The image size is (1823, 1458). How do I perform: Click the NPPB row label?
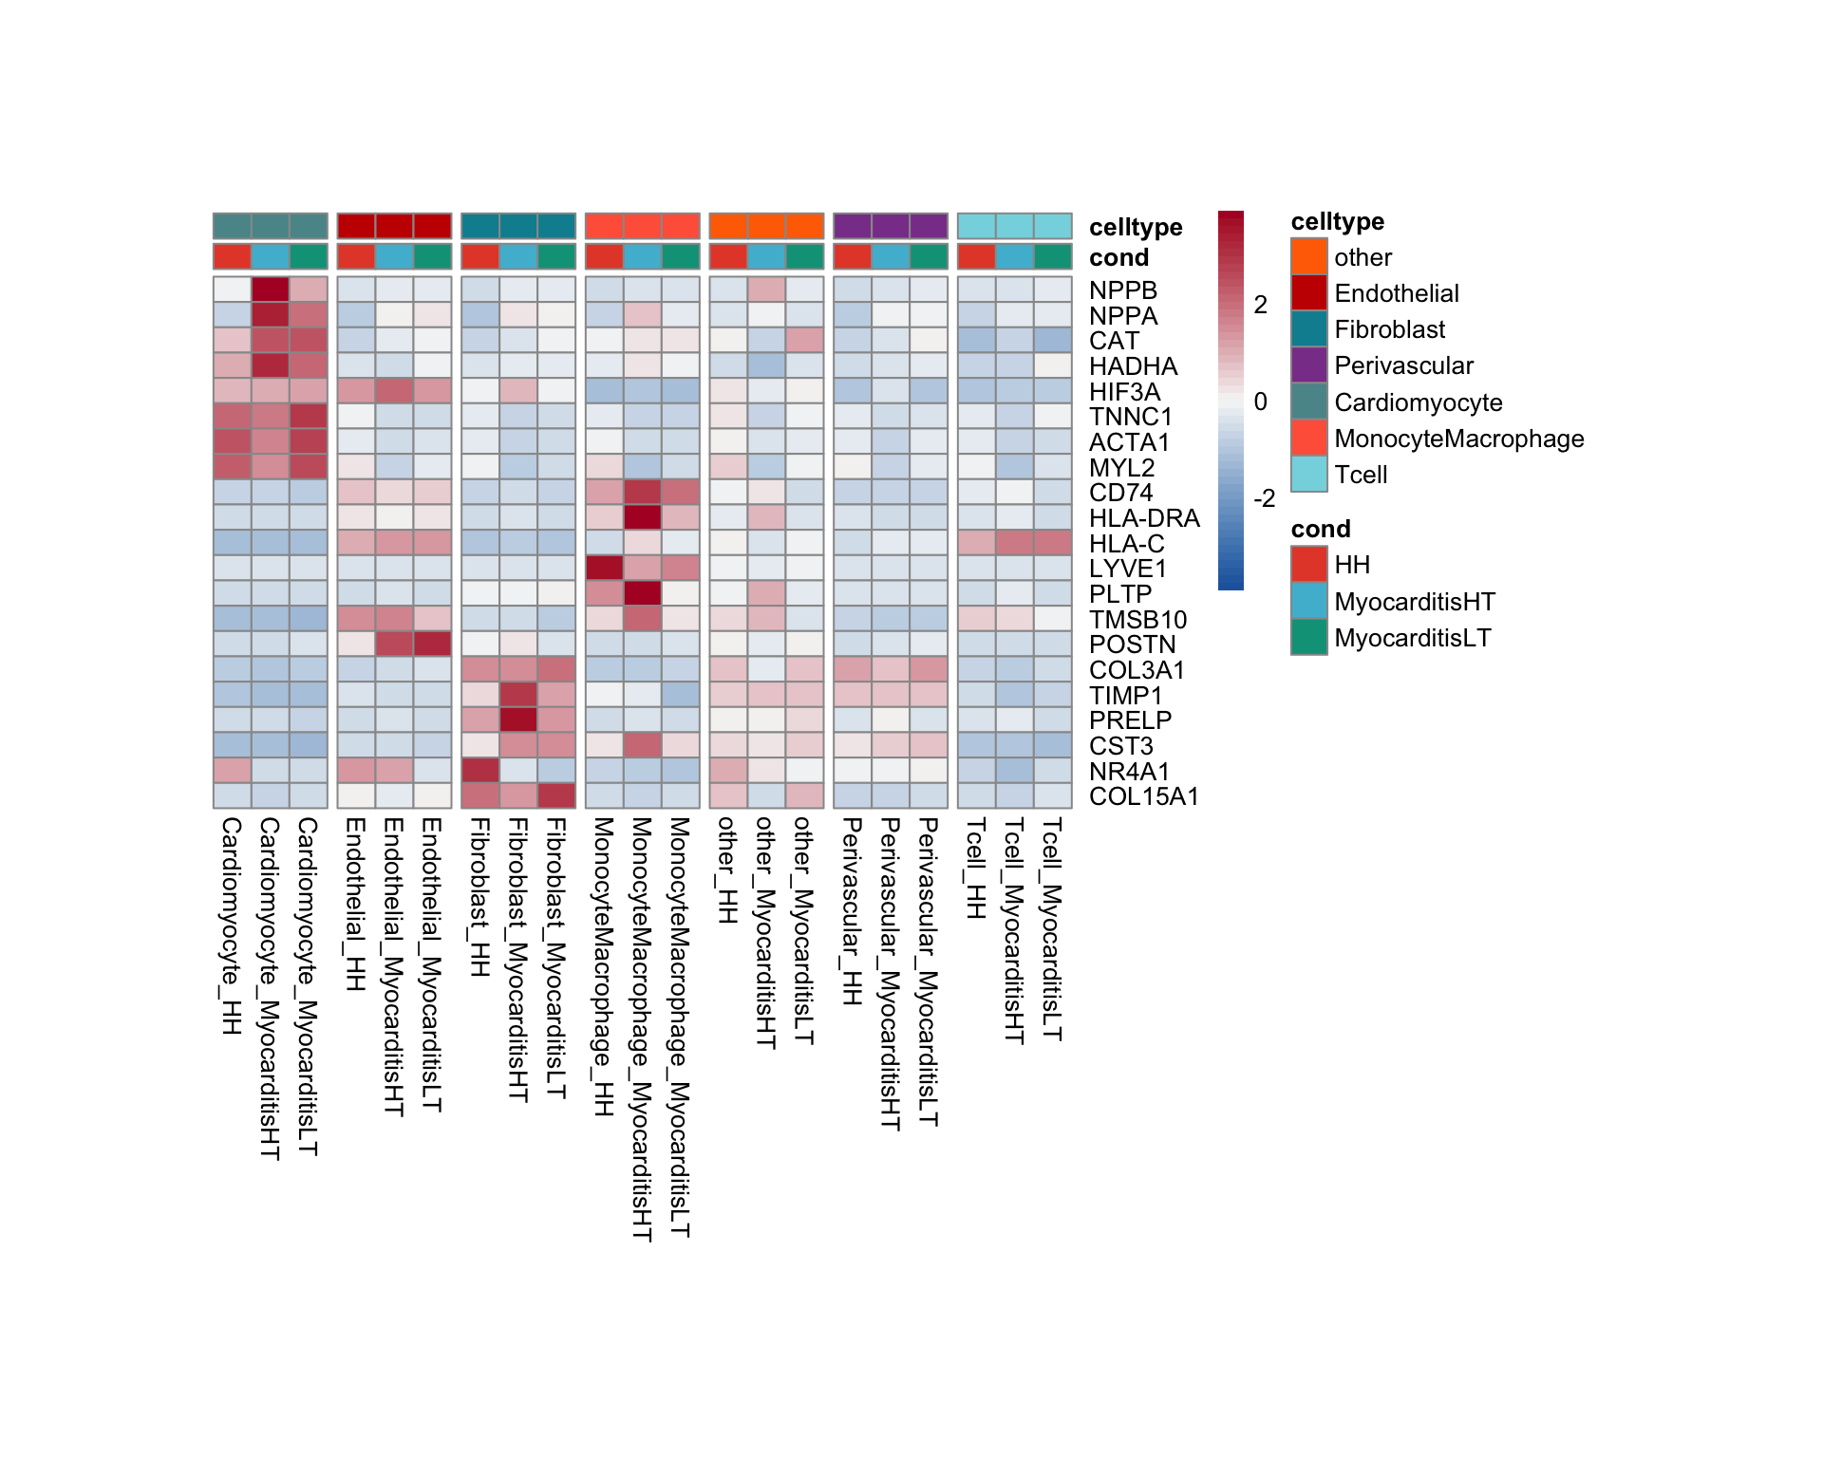tap(1122, 290)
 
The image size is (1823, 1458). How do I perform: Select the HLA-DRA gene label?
tap(1144, 518)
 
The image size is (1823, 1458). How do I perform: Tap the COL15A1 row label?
tap(1143, 796)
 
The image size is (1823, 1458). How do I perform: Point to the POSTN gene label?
tap(1132, 645)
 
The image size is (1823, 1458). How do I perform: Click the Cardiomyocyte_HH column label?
tap(232, 925)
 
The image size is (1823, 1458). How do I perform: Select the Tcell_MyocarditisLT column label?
tap(1052, 929)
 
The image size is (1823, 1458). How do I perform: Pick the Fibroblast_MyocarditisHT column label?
tap(518, 960)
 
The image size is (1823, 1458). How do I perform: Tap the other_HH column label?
tap(727, 870)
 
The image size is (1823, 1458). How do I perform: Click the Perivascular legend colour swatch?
tap(1308, 365)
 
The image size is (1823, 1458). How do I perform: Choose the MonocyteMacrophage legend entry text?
tap(1458, 439)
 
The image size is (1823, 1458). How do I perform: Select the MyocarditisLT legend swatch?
tap(1308, 638)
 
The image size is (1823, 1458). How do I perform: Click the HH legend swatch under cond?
tap(1308, 565)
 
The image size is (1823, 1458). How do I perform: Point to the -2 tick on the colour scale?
tap(1264, 498)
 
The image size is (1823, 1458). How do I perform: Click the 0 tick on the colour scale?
tap(1260, 402)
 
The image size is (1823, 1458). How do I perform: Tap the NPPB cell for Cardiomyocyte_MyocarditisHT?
tap(270, 290)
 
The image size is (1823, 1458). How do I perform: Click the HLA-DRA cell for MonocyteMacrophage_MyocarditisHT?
tap(642, 517)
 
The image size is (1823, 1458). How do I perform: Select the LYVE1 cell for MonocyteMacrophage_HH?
tap(604, 568)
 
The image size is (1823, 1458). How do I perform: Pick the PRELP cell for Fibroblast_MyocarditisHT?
tap(518, 720)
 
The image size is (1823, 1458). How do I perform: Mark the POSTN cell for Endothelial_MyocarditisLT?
tap(433, 644)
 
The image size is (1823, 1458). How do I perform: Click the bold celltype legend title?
tap(1337, 221)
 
